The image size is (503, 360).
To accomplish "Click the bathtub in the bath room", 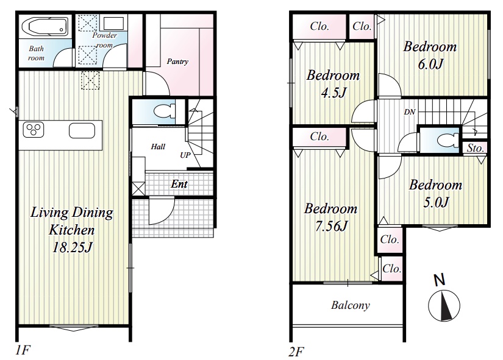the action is click(x=45, y=26).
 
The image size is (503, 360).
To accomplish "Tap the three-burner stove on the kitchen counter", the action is click(x=34, y=130).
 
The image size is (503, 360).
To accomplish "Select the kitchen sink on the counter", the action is click(x=82, y=131).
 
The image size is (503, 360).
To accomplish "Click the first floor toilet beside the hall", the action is click(x=165, y=112).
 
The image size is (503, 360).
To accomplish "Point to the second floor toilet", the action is click(x=449, y=139).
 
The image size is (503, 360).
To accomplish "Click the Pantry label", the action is click(x=177, y=62).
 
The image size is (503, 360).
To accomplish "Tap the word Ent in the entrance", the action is click(x=179, y=184).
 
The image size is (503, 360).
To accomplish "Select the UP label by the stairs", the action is click(x=185, y=155).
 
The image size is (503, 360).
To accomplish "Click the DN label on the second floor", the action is click(x=410, y=112).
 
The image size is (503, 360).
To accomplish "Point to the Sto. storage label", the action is click(x=475, y=148).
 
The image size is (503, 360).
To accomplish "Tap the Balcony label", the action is click(x=351, y=305).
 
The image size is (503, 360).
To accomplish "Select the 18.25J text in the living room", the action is click(x=72, y=247).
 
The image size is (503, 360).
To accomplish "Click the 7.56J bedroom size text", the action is click(x=331, y=226).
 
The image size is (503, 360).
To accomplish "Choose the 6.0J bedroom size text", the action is click(x=430, y=64).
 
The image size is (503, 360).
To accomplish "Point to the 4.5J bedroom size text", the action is click(x=334, y=93).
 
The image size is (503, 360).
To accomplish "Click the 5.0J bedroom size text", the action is click(x=436, y=202).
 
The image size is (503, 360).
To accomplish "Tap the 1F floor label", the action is click(x=23, y=350).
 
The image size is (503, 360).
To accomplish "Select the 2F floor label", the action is click(x=296, y=351).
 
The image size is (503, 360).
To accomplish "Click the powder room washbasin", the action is click(x=113, y=23).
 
